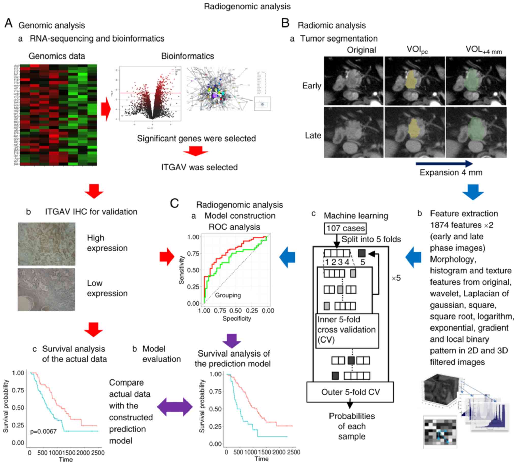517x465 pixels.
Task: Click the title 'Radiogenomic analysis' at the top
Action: coord(247,6)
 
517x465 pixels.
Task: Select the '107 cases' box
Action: coord(345,228)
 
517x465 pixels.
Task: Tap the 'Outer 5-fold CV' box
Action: coord(350,392)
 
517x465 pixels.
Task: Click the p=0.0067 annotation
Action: coord(44,432)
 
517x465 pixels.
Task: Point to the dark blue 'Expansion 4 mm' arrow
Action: coord(444,163)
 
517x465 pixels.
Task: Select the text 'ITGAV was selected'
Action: coord(199,167)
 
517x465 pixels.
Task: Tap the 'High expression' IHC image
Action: coord(47,244)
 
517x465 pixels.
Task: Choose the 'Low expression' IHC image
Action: coord(46,290)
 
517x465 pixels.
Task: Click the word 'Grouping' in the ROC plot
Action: coord(228,295)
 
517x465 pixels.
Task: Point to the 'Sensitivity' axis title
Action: coord(181,270)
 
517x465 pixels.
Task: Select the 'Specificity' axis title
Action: coord(237,319)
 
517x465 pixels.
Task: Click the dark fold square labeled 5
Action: coord(362,253)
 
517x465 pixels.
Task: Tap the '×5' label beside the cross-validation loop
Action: coord(396,278)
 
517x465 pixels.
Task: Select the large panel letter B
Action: coord(285,23)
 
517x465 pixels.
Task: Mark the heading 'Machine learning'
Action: coord(356,216)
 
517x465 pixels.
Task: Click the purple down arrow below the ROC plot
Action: coord(232,341)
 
